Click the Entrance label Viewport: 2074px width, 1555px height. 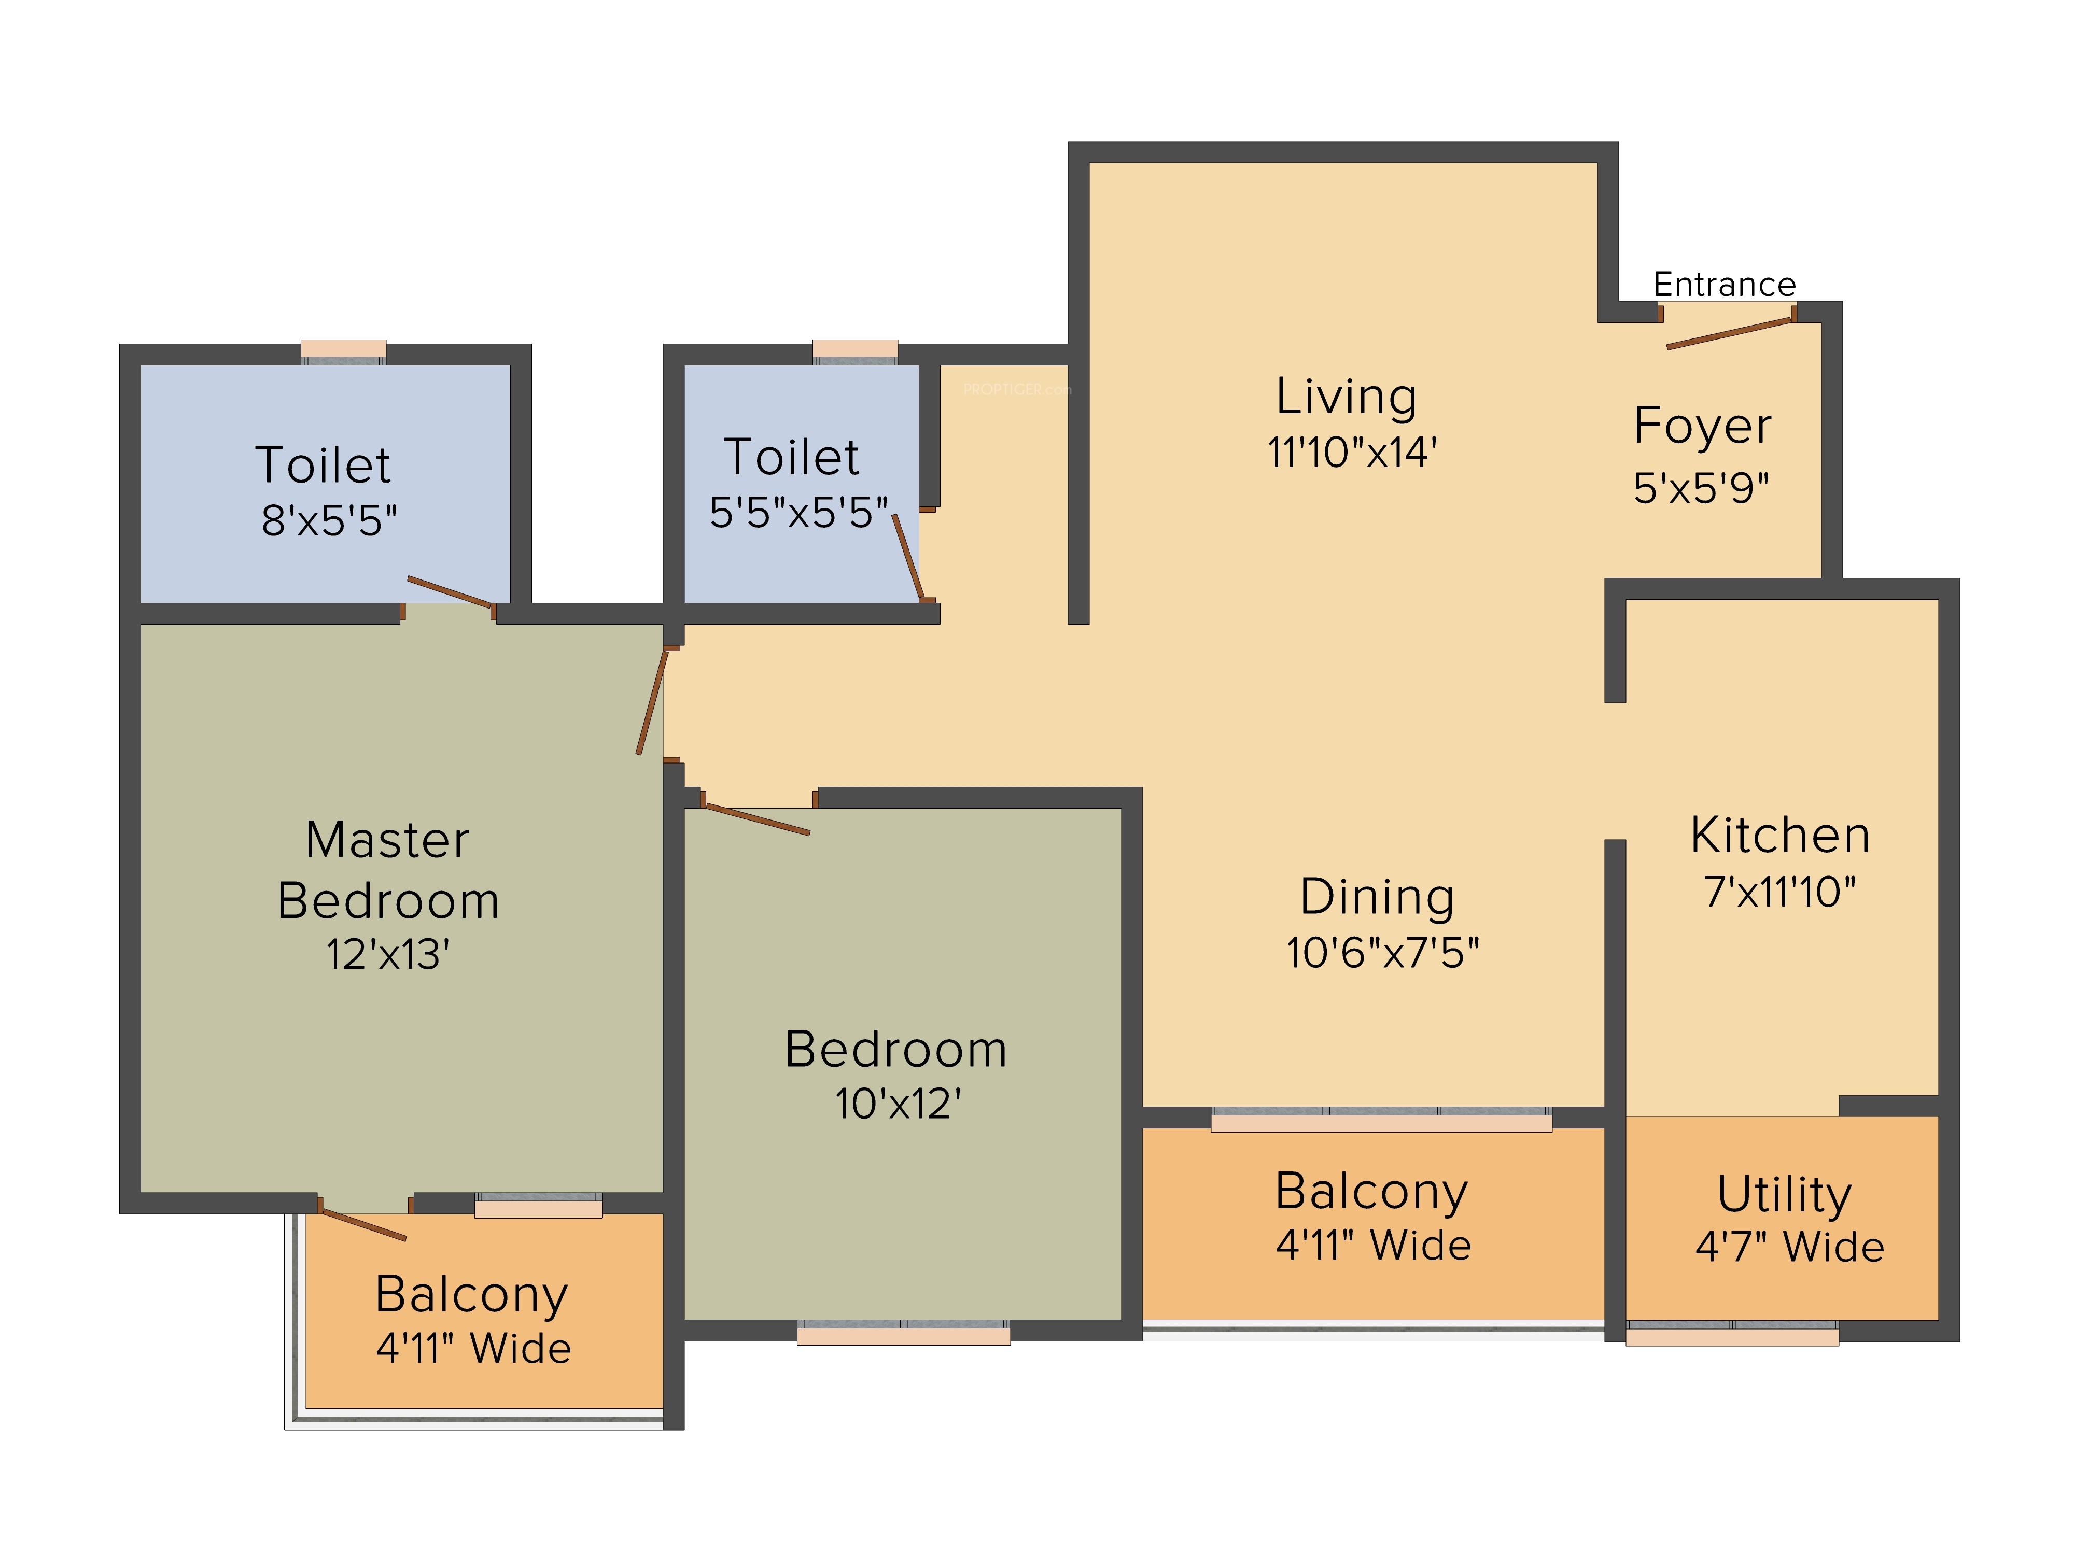1724,284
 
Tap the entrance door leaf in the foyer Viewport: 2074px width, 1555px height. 1730,334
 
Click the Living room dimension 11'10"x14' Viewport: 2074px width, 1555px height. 1351,453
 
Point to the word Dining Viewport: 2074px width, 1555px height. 1377,897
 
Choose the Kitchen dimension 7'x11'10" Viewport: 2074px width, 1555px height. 1778,893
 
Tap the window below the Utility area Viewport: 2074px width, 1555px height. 1732,1333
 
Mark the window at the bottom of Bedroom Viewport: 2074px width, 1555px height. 903,1332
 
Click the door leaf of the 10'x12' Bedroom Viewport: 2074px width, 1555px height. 756,818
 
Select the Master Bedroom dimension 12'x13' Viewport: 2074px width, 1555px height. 387,955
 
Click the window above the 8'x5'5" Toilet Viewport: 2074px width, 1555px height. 343,351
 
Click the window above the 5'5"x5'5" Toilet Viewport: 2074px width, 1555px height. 854,351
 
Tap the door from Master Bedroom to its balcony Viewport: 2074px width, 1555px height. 363,1225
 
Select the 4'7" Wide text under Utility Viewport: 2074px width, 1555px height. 1789,1248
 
